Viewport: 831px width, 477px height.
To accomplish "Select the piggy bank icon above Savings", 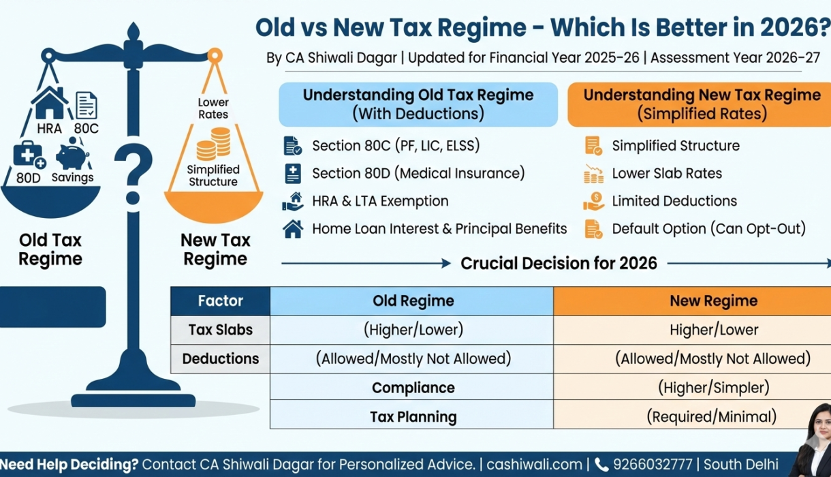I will click(73, 155).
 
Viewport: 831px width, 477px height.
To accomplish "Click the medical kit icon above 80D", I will click(29, 156).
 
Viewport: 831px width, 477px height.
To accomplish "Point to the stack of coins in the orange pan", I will click(213, 144).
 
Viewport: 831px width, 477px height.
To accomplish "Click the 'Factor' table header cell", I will click(220, 301).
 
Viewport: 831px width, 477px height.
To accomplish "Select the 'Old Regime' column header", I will click(413, 301).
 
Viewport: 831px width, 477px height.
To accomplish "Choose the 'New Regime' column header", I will click(713, 301).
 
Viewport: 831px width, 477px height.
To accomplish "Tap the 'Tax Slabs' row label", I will click(220, 330).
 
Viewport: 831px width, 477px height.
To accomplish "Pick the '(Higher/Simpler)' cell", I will click(713, 388).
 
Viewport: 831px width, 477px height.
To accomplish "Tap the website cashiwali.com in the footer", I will click(535, 465).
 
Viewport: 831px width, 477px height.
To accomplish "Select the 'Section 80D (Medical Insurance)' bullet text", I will click(418, 173).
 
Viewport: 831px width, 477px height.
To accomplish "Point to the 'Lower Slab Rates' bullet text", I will click(667, 173).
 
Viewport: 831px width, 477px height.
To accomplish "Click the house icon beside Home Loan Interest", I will click(293, 229).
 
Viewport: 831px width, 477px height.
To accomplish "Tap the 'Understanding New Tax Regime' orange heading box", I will click(702, 104).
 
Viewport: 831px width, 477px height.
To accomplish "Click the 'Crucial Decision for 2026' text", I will click(559, 263).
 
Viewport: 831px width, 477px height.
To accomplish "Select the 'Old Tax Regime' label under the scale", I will click(50, 249).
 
